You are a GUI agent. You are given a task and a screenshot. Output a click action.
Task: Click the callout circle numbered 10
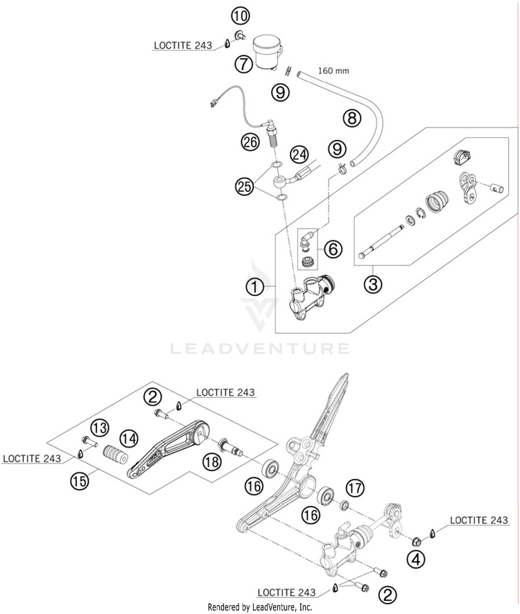tap(240, 17)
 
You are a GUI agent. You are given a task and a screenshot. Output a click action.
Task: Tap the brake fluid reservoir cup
tap(267, 53)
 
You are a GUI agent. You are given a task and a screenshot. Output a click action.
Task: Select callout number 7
tap(244, 64)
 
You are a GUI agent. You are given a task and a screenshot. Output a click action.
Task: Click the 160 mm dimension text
tap(333, 71)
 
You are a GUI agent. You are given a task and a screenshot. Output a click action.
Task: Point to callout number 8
tap(352, 118)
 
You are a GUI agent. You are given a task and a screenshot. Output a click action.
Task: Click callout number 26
tap(250, 142)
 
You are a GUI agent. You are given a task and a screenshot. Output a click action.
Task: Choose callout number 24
tap(299, 155)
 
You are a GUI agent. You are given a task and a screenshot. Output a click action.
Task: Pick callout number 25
tap(245, 186)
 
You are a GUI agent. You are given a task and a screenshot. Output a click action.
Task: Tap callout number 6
tap(333, 249)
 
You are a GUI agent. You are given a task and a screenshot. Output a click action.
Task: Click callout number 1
tap(254, 288)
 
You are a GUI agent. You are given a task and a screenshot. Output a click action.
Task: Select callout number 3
tap(372, 284)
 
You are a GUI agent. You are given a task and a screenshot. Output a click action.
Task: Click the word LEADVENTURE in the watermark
tap(260, 348)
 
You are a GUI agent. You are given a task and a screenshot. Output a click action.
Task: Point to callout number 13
tap(100, 428)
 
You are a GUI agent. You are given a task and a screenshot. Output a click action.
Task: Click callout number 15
tap(80, 481)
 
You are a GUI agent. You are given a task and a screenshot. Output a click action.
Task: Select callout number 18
tap(212, 462)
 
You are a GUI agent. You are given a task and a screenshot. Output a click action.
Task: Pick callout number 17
tap(355, 488)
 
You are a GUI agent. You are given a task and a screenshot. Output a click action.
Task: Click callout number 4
tap(416, 559)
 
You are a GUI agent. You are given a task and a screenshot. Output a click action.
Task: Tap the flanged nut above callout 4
tap(416, 541)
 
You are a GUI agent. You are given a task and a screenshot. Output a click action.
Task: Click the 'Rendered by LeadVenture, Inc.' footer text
tap(260, 607)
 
